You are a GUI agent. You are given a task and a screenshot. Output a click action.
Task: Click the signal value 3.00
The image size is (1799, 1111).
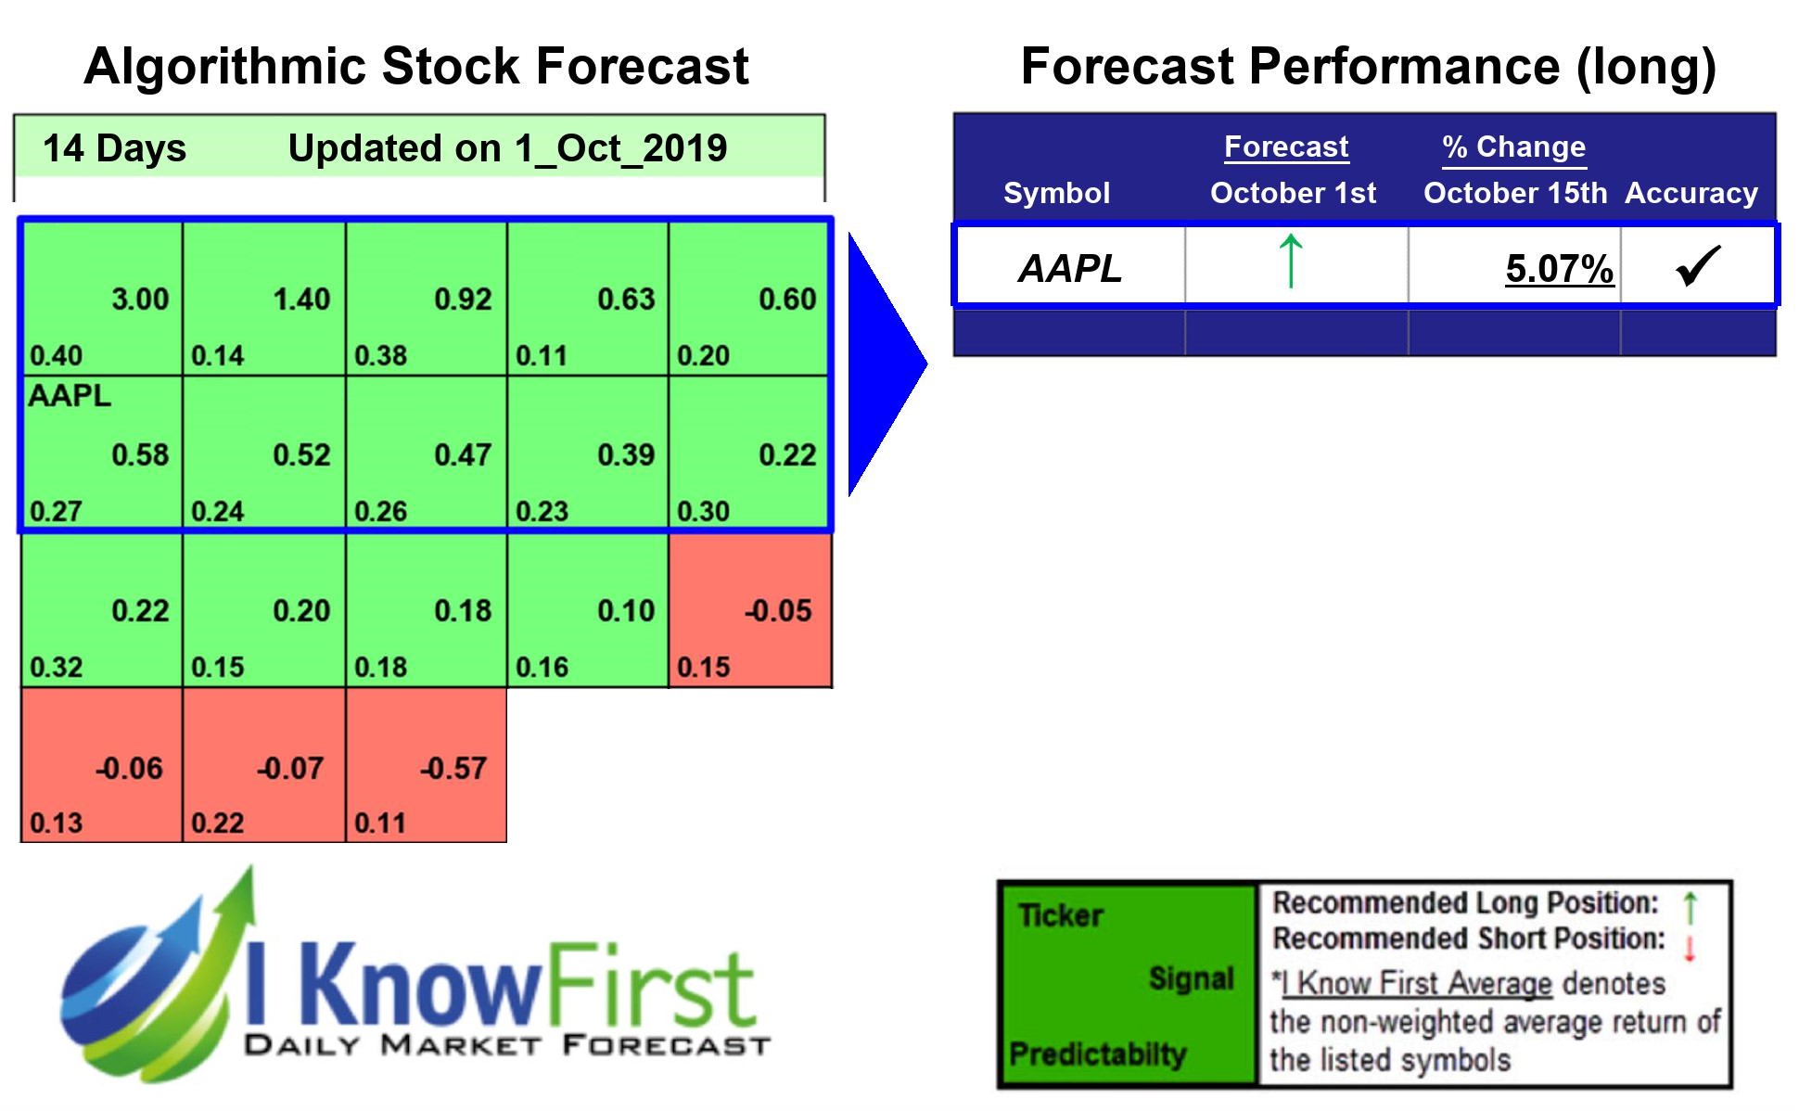click(140, 300)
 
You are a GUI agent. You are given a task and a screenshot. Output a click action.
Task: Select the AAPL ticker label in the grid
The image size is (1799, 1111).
click(70, 396)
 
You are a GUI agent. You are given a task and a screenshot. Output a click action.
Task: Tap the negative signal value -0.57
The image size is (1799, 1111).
click(453, 768)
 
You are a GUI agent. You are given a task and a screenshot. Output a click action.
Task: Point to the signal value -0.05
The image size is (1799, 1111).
click(777, 611)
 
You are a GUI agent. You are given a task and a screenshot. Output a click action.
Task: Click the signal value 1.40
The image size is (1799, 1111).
click(301, 300)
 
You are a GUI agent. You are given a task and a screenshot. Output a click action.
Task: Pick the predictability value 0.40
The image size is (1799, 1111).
click(56, 356)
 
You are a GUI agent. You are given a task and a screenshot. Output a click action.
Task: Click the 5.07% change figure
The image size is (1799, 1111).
click(1559, 269)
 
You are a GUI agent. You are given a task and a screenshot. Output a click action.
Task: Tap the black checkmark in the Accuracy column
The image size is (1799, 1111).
click(1698, 266)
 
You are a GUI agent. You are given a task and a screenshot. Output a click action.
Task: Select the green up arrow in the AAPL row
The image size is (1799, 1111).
click(1291, 262)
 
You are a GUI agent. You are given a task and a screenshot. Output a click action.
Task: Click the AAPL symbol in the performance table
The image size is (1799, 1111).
click(1070, 269)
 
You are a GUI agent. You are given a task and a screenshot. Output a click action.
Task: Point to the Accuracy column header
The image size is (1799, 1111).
click(1691, 193)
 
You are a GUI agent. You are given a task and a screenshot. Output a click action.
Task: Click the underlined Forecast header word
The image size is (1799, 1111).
click(1285, 147)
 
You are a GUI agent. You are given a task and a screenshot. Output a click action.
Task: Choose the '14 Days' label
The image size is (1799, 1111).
click(114, 148)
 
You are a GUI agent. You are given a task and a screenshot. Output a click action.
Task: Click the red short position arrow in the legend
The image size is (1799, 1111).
click(1690, 948)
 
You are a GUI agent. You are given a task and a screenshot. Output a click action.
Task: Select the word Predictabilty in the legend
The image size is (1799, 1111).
click(1097, 1054)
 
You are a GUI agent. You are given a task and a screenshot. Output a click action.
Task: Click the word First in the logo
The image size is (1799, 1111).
click(649, 988)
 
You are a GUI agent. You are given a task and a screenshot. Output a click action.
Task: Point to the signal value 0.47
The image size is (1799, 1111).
click(463, 455)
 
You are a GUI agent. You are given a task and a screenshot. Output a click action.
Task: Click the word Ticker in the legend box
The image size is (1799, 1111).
click(1060, 916)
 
